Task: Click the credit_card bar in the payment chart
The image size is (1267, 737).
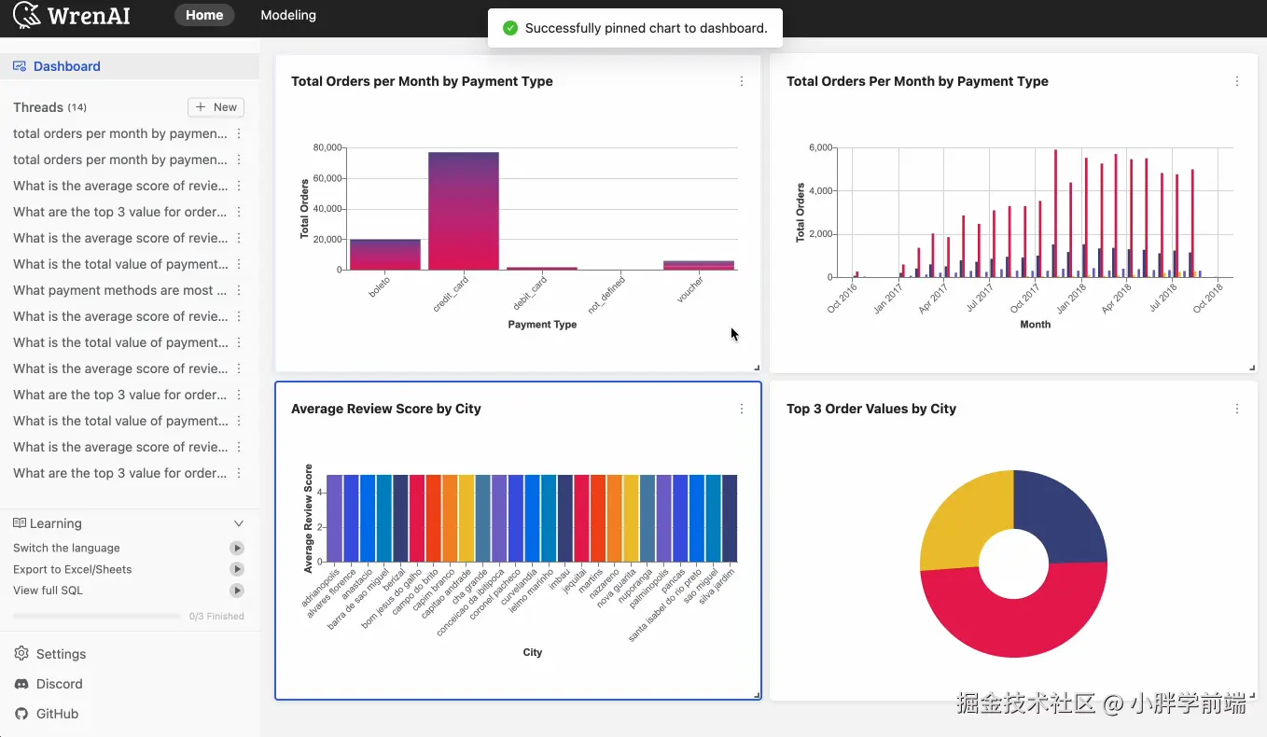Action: [464, 211]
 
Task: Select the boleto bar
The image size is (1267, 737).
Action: [385, 255]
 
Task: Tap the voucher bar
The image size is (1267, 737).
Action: [699, 265]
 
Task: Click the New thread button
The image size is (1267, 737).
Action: [216, 107]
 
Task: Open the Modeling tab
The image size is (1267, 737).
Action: [288, 15]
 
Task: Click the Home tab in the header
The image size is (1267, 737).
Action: [204, 15]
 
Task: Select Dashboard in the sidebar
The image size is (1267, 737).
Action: [67, 66]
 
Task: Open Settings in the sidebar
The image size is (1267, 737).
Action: [61, 654]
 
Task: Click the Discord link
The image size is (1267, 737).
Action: [60, 684]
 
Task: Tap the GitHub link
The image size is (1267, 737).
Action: [57, 714]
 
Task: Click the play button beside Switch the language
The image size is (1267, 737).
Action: [237, 548]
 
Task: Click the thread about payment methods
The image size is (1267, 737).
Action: [120, 290]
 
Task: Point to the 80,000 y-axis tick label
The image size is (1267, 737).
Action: [327, 147]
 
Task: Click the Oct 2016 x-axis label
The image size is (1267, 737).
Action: [842, 299]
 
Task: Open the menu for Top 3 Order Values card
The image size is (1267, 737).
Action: [1237, 409]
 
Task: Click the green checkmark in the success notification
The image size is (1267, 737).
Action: [510, 28]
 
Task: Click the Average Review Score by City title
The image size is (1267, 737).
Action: [385, 409]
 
